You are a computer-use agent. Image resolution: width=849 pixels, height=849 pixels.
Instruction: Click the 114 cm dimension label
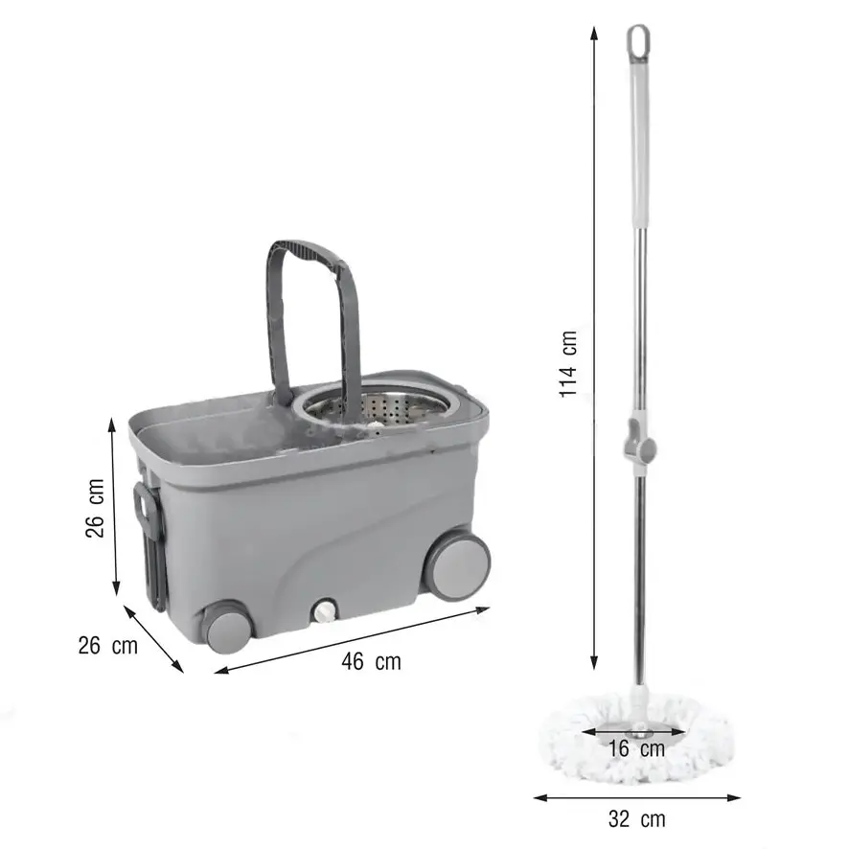pos(568,364)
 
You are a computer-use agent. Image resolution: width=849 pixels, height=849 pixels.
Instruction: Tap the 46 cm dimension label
pos(372,661)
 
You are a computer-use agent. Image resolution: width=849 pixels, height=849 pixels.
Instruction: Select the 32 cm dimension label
pos(636,818)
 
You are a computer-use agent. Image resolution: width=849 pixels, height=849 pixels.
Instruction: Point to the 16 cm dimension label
pos(636,748)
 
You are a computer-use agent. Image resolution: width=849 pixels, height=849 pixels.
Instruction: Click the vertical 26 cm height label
pos(95,508)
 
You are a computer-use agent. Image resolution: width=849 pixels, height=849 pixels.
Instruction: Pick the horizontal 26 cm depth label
pos(108,646)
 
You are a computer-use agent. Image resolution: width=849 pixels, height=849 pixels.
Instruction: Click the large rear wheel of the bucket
pos(455,565)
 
